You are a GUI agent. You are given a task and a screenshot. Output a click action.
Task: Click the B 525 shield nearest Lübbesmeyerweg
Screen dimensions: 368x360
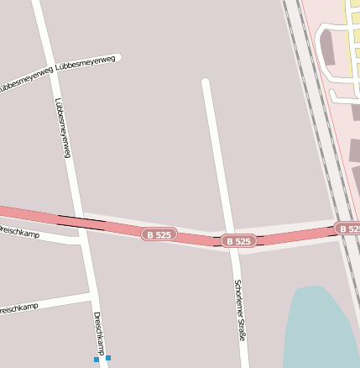coord(159,234)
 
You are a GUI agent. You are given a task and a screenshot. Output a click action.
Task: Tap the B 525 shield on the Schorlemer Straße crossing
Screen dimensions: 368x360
coord(238,241)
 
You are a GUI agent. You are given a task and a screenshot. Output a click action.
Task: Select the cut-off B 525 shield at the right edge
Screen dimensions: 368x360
coord(347,228)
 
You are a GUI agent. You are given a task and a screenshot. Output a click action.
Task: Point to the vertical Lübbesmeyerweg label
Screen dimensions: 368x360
coord(62,129)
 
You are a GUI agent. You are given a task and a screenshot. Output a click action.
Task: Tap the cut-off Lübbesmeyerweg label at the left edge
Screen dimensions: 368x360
coord(25,80)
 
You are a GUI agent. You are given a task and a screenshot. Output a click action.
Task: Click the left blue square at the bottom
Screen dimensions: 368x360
coord(97,360)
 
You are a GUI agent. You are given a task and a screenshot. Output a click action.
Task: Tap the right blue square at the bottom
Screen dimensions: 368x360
coord(108,359)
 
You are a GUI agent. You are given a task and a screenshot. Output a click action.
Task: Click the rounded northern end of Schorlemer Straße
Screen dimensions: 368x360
coord(206,82)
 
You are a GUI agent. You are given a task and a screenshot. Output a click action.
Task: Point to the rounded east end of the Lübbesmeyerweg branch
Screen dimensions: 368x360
coord(117,58)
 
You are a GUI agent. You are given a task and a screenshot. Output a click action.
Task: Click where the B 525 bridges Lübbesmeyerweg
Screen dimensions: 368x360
coord(77,222)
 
